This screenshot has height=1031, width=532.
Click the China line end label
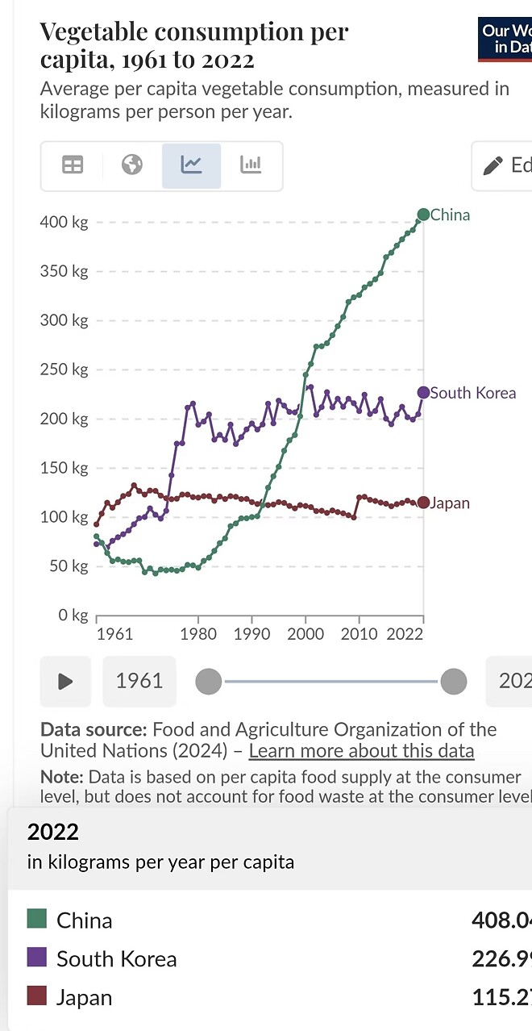450,215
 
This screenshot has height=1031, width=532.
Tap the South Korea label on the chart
472,393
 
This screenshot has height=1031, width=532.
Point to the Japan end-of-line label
450,503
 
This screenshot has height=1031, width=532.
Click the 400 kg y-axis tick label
64,222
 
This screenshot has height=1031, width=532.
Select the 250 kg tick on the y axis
64,369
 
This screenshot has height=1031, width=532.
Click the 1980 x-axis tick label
198,633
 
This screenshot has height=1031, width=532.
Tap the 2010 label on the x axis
359,633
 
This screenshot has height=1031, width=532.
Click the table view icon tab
73,165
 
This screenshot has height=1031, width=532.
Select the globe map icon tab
132,165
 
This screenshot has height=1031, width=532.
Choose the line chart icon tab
192,165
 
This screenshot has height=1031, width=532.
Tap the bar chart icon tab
251,165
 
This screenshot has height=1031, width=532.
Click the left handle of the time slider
209,682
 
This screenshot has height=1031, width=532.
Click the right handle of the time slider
453,682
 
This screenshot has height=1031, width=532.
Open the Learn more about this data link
361,751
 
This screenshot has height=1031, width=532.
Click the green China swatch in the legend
37,919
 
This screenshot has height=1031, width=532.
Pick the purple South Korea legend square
37,958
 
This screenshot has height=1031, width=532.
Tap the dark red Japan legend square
37,996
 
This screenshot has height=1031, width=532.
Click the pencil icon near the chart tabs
493,166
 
